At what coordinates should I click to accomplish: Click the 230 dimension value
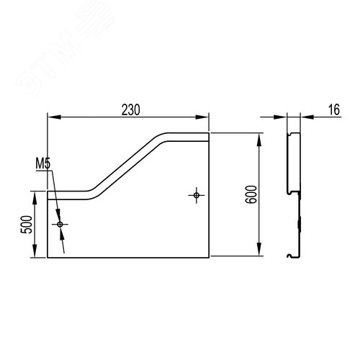click(x=130, y=110)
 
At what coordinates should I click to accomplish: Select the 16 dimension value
click(x=334, y=109)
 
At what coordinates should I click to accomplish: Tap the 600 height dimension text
click(x=251, y=194)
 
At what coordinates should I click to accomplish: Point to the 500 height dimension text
click(x=26, y=225)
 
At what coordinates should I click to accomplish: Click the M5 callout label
click(x=43, y=164)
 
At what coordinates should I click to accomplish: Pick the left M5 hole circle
click(x=60, y=225)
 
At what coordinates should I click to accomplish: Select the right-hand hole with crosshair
click(x=197, y=195)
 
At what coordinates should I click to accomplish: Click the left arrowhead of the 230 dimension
click(x=54, y=117)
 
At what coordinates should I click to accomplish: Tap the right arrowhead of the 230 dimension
click(x=202, y=117)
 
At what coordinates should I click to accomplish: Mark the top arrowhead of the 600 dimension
click(x=259, y=140)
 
